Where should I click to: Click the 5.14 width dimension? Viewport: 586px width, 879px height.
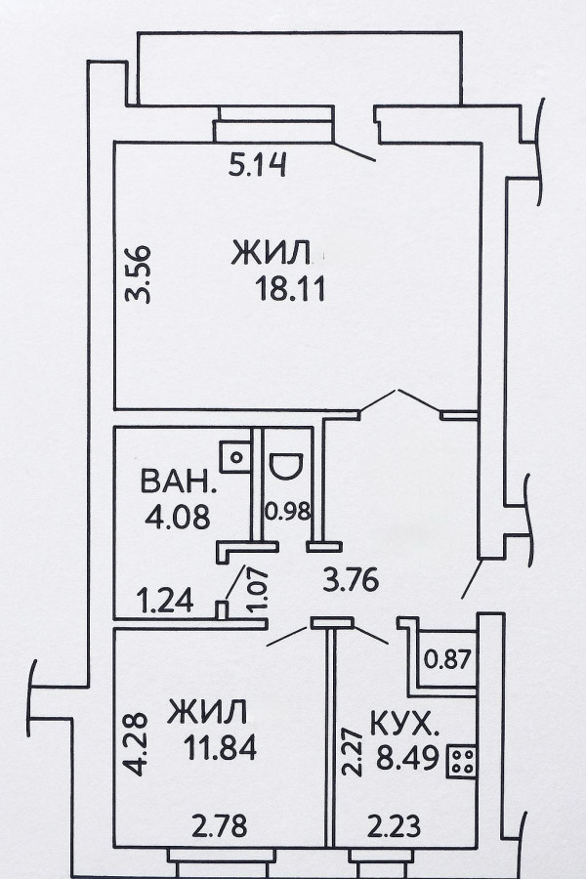tap(259, 165)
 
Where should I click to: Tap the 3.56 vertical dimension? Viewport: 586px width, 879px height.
tap(138, 274)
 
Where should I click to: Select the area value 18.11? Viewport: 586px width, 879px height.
tap(290, 290)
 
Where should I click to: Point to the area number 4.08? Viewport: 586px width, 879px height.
tap(177, 517)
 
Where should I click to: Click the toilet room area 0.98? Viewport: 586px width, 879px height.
tap(287, 511)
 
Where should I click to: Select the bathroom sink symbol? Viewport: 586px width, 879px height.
tap(235, 457)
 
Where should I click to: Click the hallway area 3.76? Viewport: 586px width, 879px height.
tap(351, 580)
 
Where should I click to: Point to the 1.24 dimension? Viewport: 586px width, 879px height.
tap(165, 601)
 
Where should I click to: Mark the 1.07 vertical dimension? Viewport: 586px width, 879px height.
tap(257, 589)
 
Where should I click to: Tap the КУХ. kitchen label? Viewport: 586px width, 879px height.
tap(404, 726)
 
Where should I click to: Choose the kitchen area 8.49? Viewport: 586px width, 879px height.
tap(407, 760)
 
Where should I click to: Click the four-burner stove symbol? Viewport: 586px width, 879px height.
tap(462, 761)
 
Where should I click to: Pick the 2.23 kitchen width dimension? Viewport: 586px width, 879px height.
tap(394, 825)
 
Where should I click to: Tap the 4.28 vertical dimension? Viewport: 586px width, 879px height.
tap(136, 744)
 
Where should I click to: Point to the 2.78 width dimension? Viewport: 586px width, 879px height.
tap(219, 825)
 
